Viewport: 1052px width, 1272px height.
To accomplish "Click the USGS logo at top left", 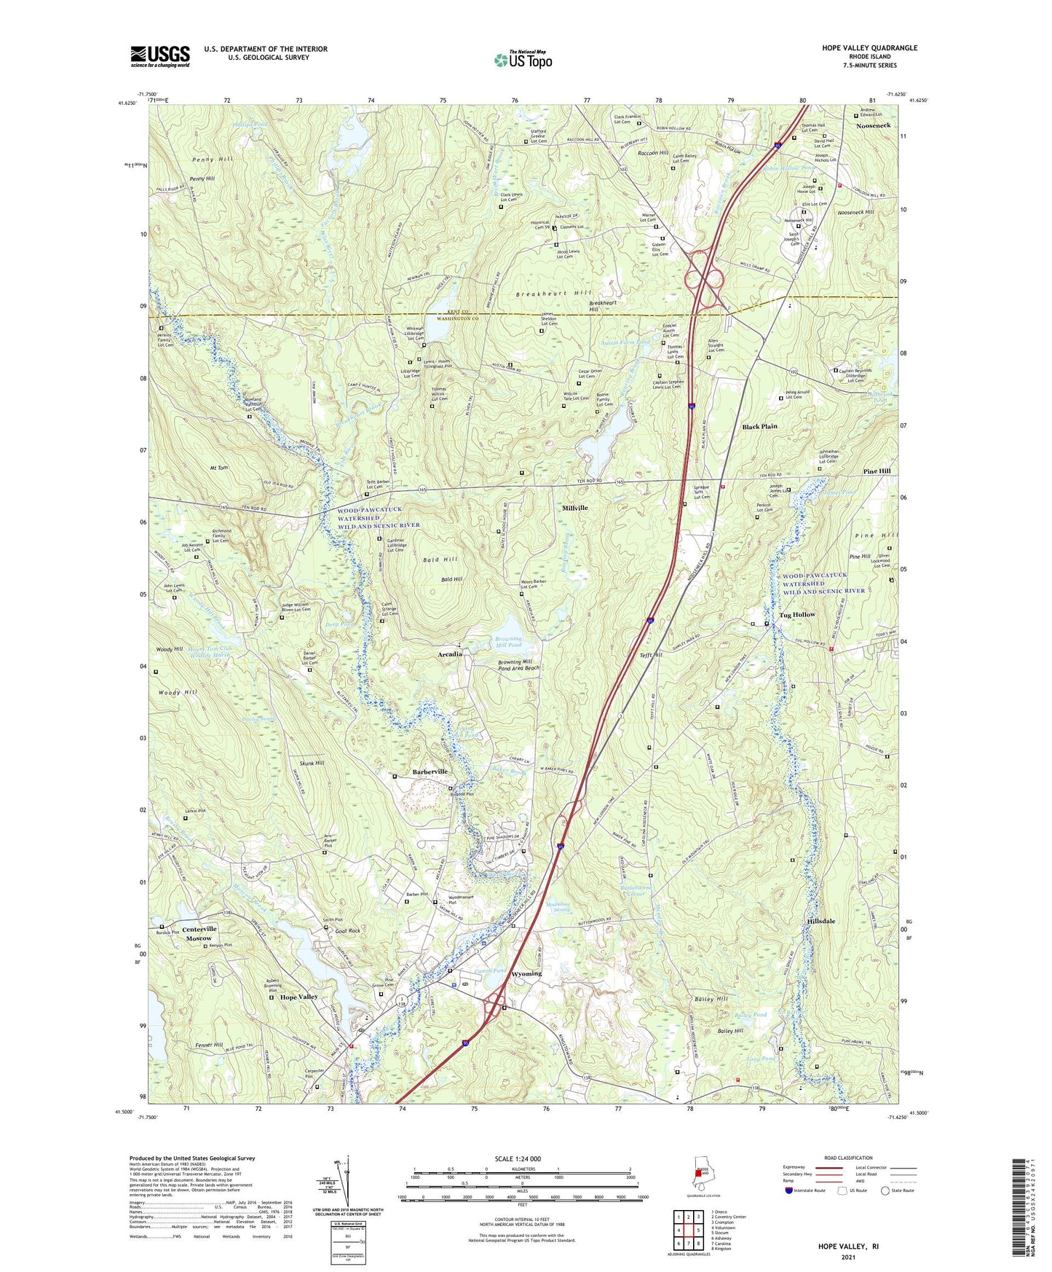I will pos(160,56).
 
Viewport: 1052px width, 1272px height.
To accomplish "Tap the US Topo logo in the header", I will pos(522,60).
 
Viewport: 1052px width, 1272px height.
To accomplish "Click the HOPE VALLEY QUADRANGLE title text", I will pos(869,48).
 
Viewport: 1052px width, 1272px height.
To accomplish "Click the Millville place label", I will pos(574,508).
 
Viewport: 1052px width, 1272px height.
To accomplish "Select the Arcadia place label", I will pos(450,654).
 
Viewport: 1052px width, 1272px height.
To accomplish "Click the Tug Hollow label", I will pos(797,615).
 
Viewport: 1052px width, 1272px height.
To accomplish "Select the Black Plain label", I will pos(759,427).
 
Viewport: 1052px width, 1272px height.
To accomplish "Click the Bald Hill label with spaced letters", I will pos(440,559).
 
